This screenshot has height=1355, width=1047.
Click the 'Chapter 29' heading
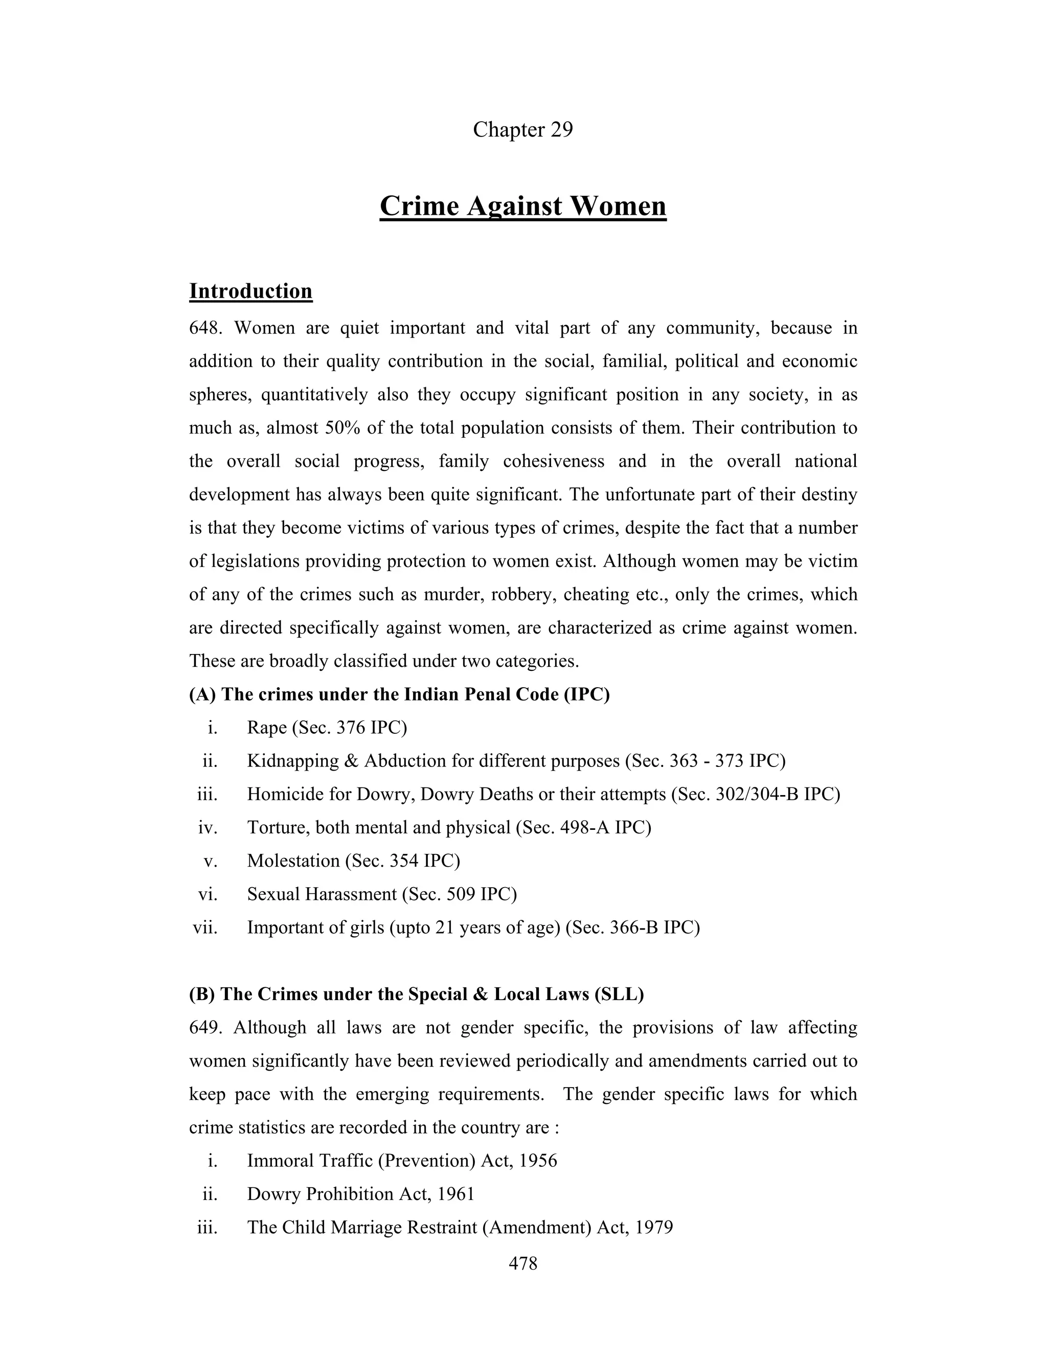coord(523,130)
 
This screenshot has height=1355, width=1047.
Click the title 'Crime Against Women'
coord(523,206)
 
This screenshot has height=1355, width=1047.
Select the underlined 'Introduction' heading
coord(251,291)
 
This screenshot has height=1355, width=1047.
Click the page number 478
coord(523,1263)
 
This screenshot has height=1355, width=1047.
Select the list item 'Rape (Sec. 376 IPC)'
coord(327,727)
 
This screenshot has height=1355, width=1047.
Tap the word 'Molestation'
coord(293,861)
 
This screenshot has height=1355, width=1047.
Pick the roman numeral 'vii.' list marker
coord(206,928)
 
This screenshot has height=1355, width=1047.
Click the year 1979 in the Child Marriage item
coord(654,1227)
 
